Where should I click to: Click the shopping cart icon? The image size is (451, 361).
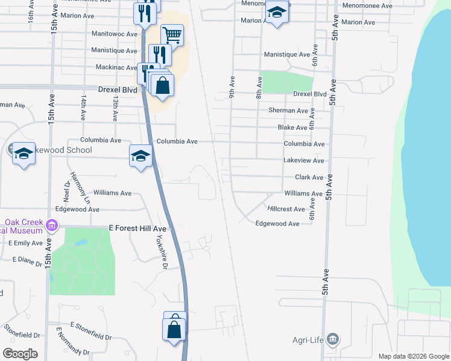pyautogui.click(x=172, y=34)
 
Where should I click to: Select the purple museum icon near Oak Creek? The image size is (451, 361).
pyautogui.click(x=52, y=226)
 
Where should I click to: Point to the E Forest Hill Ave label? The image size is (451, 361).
pyautogui.click(x=137, y=229)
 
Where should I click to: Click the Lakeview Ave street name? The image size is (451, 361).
pyautogui.click(x=304, y=161)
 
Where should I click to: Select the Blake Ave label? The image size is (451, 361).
pyautogui.click(x=292, y=128)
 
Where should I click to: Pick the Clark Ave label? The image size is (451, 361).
pyautogui.click(x=309, y=177)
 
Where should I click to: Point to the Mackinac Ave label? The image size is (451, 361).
pyautogui.click(x=115, y=67)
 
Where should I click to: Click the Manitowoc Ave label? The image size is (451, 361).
pyautogui.click(x=115, y=34)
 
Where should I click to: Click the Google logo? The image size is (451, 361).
pyautogui.click(x=20, y=354)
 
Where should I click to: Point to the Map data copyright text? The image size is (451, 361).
pyautogui.click(x=413, y=356)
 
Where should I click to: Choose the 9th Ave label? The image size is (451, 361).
pyautogui.click(x=232, y=87)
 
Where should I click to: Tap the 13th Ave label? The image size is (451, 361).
pyautogui.click(x=115, y=106)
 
